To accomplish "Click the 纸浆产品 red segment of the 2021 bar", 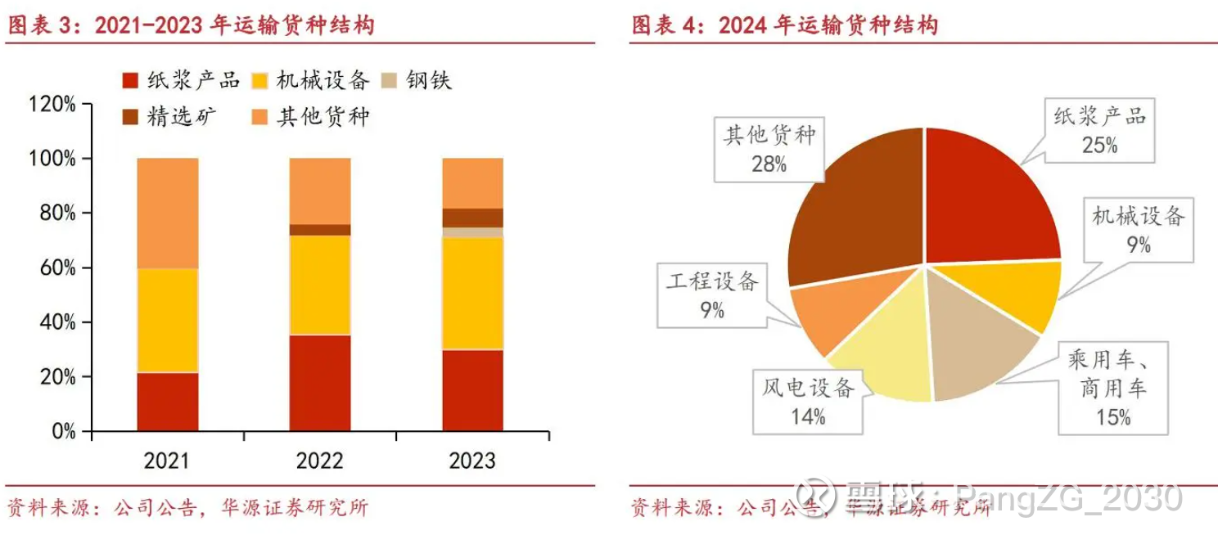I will point(168,401).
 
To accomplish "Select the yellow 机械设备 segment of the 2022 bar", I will point(320,285).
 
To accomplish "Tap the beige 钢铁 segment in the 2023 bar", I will point(472,232).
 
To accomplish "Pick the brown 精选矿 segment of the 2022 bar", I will point(320,230).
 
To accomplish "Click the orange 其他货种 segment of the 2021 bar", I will point(168,213).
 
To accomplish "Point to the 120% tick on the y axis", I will point(52,104).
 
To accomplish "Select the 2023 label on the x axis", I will point(472,461).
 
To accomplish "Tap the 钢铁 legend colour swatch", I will point(391,80).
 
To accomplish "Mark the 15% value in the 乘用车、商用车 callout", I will point(1113,417).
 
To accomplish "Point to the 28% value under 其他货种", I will point(769,164).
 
